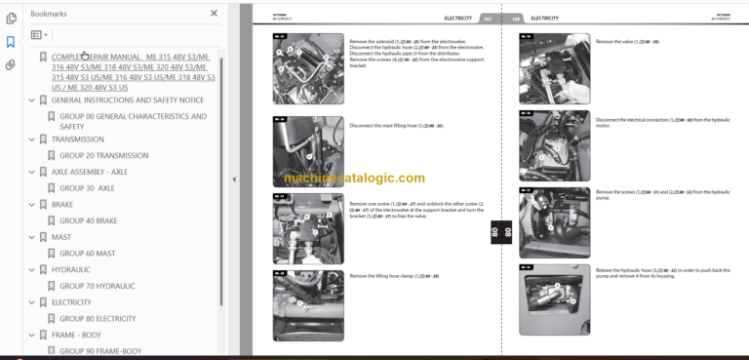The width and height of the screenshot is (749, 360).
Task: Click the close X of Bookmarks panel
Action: (215, 14)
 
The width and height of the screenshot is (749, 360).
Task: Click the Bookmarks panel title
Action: (50, 14)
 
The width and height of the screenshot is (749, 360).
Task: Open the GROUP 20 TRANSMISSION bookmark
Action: (103, 155)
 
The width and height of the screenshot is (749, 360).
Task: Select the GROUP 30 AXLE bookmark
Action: (87, 187)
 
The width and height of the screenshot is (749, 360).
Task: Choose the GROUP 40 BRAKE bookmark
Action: (88, 220)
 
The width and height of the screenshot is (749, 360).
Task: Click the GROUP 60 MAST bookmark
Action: (87, 253)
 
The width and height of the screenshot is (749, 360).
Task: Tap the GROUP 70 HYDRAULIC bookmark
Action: (97, 286)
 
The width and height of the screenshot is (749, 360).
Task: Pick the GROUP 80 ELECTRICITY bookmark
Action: (98, 318)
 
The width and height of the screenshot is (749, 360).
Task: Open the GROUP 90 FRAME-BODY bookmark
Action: (100, 350)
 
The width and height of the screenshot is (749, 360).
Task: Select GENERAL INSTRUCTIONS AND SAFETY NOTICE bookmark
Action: (127, 100)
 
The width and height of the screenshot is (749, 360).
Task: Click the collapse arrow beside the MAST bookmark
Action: (31, 237)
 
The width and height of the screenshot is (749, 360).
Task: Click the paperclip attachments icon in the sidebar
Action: (11, 65)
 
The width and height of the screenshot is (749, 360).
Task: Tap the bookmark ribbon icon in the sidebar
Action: (11, 42)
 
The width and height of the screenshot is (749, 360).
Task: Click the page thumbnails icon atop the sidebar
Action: (11, 18)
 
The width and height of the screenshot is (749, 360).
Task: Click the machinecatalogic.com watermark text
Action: (354, 179)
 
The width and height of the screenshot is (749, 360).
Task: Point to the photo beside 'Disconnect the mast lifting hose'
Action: (307, 152)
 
